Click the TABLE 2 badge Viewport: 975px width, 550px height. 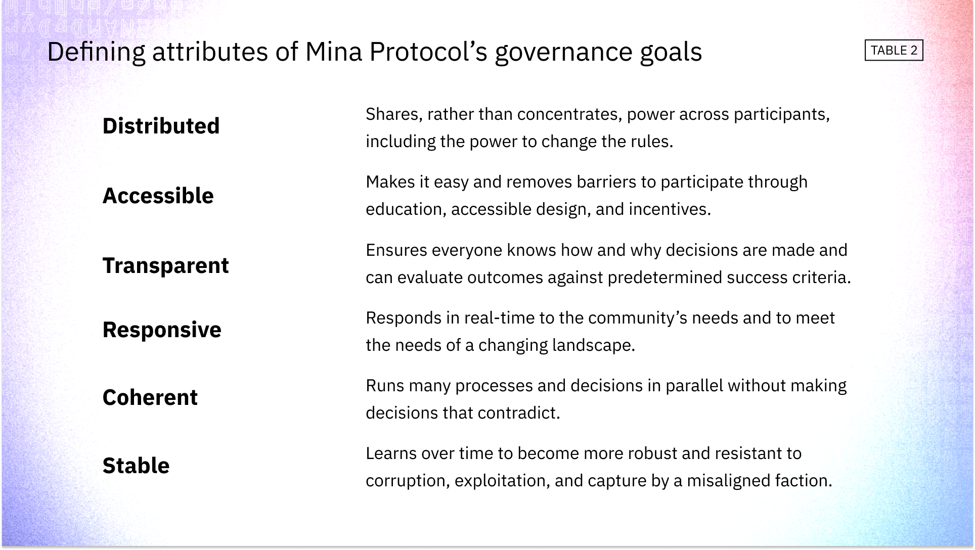[894, 51]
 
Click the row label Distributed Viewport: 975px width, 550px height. [161, 126]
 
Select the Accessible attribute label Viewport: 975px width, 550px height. [158, 196]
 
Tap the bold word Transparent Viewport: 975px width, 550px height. [165, 265]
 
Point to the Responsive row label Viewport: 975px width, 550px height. [162, 330]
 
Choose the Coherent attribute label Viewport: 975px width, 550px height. [150, 397]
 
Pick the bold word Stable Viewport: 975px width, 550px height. [136, 466]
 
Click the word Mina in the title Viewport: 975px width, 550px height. [334, 52]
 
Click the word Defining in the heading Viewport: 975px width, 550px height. [96, 53]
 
